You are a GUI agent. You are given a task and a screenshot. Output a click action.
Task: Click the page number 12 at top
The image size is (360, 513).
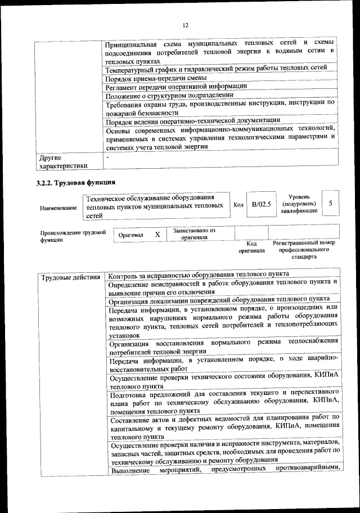184,25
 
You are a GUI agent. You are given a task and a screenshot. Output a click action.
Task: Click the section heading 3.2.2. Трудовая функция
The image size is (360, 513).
76,182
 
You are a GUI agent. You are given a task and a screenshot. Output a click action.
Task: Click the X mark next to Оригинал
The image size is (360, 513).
157,234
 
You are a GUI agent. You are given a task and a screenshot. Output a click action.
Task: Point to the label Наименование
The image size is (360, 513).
58,208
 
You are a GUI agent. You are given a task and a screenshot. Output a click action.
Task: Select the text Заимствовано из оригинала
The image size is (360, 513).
194,233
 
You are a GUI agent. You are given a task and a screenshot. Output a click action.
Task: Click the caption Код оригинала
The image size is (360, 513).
251,247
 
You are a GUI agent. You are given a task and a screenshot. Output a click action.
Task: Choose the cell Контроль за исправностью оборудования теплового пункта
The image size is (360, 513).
199,275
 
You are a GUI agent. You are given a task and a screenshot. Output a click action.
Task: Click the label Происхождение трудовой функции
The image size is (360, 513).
72,236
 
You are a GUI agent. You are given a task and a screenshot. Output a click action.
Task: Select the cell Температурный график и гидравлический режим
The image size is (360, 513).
216,69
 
